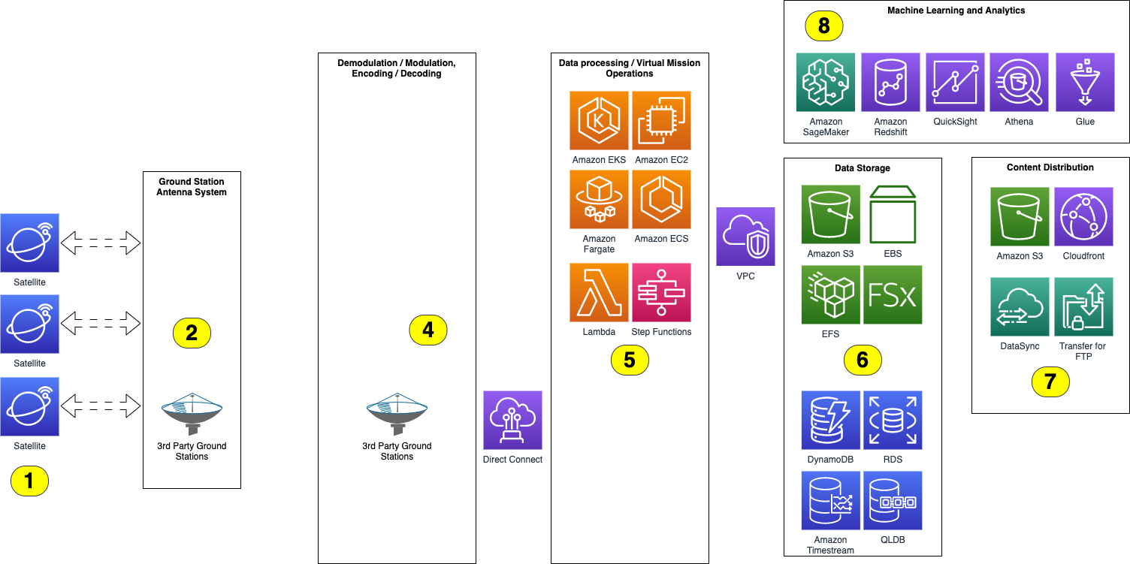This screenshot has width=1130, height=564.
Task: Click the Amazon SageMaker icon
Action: [826, 82]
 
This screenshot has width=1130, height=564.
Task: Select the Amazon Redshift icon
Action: [890, 82]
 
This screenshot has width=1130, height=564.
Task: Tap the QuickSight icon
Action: [955, 82]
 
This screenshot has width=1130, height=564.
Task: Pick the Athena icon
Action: [1019, 82]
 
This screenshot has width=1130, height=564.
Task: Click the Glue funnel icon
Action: [1084, 82]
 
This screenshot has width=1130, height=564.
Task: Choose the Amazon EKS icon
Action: [599, 121]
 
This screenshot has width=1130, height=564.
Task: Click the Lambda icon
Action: [599, 292]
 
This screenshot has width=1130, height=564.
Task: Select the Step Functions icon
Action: [661, 292]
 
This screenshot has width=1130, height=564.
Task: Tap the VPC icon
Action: [745, 237]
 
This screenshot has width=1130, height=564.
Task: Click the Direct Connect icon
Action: [512, 420]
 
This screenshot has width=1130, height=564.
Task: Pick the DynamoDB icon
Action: [830, 420]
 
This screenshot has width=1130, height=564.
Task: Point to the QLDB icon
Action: [893, 500]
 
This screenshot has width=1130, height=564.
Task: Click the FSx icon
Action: [893, 294]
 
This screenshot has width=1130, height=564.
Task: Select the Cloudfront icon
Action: [1083, 217]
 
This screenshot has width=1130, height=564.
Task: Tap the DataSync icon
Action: [1020, 306]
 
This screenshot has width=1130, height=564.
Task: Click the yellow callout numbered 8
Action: [824, 26]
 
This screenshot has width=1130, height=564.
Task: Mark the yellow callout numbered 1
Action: [29, 481]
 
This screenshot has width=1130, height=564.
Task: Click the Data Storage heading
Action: [862, 168]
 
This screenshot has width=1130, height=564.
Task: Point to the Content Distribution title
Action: [1050, 167]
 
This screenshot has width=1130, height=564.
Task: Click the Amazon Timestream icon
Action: [830, 500]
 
